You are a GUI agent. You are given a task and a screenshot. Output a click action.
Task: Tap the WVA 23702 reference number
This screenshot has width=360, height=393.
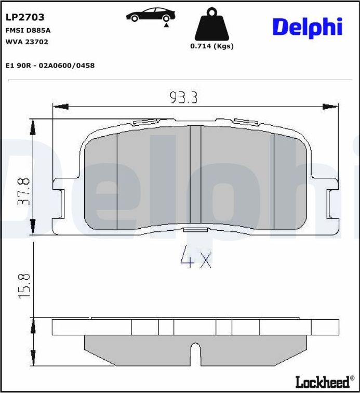tap(26, 42)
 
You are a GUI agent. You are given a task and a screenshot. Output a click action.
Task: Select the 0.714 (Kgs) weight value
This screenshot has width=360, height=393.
tap(211, 46)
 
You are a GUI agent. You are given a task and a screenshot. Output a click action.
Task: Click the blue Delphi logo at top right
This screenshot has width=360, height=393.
tap(307, 27)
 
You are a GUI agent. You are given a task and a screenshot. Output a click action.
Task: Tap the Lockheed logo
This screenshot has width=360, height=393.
tap(322, 383)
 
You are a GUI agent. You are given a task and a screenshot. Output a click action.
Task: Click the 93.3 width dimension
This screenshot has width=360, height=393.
tap(183, 97)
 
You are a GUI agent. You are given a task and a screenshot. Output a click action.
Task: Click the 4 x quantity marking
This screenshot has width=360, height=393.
tap(195, 258)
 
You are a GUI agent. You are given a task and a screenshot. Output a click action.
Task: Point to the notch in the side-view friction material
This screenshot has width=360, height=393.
tap(195, 353)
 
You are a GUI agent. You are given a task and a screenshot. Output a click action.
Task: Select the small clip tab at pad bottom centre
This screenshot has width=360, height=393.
tap(195, 230)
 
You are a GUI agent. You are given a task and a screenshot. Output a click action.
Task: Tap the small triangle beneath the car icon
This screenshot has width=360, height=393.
tap(166, 24)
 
